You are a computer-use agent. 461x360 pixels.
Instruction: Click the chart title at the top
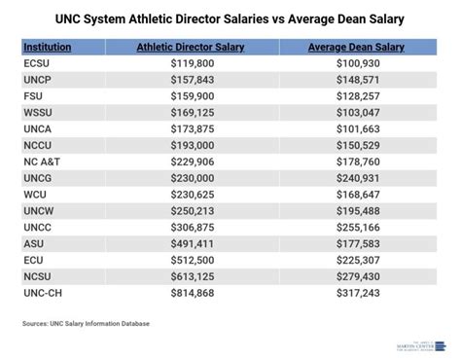[230, 19]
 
